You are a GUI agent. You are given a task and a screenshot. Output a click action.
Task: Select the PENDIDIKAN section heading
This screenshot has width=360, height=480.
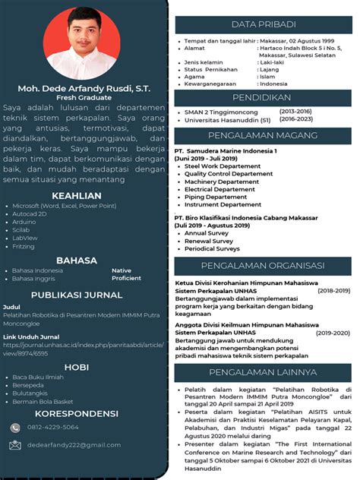point(264,99)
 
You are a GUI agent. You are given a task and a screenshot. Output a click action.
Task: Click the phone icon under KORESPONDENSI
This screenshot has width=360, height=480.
point(15,428)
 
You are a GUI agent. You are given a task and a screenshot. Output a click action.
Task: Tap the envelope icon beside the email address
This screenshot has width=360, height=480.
point(15,445)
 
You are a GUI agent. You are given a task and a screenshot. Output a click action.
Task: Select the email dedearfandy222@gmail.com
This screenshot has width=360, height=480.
point(67,446)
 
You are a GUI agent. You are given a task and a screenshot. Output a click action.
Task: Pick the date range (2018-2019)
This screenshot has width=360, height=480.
point(333,290)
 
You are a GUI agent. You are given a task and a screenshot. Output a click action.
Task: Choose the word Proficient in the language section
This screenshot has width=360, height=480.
point(126,278)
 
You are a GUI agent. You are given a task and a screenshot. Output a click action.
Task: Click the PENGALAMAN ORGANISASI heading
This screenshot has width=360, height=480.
point(263,267)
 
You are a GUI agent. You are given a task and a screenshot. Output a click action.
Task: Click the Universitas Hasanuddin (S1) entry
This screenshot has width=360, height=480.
point(227,120)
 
